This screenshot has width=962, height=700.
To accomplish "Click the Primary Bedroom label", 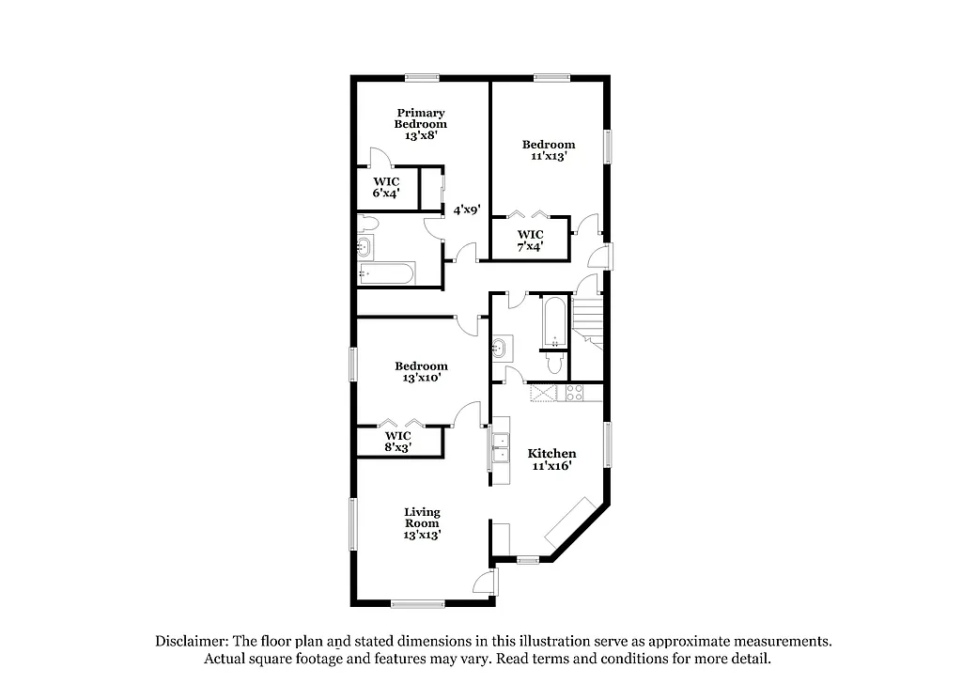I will pos(420,118).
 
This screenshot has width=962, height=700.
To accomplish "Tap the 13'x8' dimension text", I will pos(420,135).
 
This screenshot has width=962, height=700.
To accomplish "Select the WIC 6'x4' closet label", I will pos(386,187).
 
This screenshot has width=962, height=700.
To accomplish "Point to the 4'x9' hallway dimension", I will pos(467,210).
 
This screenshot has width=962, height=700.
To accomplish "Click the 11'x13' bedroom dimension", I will pos(549,157).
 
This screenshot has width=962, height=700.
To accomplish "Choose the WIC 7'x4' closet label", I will pos(530,241).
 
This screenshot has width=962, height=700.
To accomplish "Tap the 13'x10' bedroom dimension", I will pos(420,378).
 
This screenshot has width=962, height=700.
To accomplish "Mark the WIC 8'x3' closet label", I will pos(397,442).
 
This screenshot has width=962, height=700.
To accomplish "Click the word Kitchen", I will pos(551,454).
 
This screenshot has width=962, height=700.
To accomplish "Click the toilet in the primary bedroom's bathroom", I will pos(367,225).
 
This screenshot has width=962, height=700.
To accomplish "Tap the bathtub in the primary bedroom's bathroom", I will pos(386,273).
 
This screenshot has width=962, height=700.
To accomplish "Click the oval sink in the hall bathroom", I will pos(501,350).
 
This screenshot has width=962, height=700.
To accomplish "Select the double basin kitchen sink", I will pos(501,447).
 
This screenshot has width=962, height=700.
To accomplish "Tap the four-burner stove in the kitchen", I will pos(574,394).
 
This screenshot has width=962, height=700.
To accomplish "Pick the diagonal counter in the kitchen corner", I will pos(567,526).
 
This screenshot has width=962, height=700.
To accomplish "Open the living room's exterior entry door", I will pos(484,583).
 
